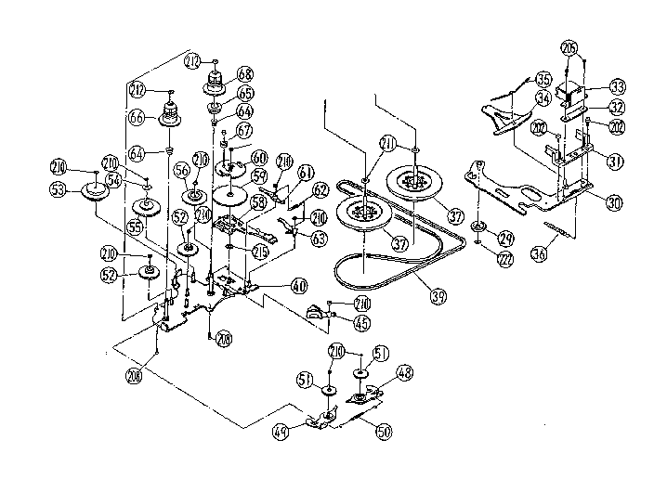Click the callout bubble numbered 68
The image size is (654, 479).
tap(245, 73)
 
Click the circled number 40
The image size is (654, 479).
tap(299, 286)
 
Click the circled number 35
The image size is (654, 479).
tap(543, 79)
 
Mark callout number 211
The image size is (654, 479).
tap(386, 143)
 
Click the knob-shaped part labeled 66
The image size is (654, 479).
tap(170, 116)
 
